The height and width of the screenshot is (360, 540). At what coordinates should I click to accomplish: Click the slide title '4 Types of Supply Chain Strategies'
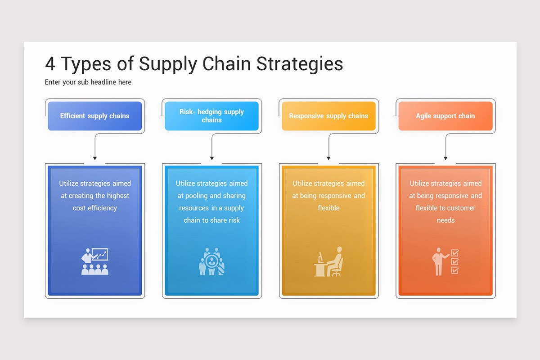[193, 64]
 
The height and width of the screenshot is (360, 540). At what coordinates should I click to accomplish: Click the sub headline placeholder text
[88, 82]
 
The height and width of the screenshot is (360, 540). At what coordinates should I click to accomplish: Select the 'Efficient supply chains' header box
[94, 116]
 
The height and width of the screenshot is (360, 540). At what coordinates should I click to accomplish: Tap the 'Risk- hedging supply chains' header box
[211, 116]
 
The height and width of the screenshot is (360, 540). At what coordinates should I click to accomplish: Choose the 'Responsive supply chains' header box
[328, 116]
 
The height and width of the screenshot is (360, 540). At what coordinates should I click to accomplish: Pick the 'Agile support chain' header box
[445, 116]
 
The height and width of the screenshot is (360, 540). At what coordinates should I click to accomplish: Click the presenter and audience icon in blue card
[95, 261]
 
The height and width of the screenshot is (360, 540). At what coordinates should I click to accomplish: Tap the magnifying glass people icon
[211, 261]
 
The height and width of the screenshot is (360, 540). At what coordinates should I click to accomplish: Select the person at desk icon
[328, 261]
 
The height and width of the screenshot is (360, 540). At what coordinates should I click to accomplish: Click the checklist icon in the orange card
[454, 261]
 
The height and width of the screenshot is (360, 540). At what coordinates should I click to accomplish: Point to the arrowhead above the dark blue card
[94, 158]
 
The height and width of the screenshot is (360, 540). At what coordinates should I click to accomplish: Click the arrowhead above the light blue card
[211, 158]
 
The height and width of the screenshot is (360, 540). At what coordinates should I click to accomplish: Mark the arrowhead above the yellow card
[328, 158]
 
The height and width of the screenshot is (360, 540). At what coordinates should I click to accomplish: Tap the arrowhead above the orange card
[445, 158]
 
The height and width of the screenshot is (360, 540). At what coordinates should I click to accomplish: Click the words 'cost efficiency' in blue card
[95, 208]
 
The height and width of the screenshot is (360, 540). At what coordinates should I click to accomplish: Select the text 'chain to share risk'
[211, 220]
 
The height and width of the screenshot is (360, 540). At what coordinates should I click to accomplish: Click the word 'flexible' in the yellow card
[328, 208]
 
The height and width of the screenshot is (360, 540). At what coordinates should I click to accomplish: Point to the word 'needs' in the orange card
[445, 220]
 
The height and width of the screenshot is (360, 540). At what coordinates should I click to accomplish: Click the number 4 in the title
[50, 64]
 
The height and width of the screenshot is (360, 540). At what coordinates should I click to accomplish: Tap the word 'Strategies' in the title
[300, 64]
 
